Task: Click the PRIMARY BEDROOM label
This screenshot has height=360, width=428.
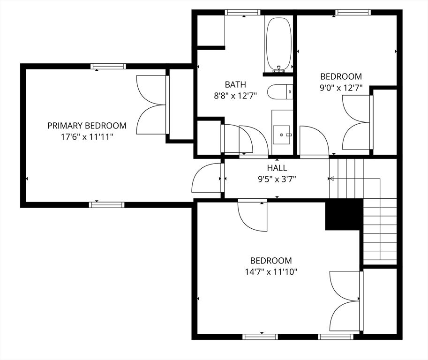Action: tap(87, 126)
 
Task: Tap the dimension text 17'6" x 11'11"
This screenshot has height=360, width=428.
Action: tap(87, 136)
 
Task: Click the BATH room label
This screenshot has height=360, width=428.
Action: tap(235, 85)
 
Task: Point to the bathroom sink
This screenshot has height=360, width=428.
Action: tap(282, 134)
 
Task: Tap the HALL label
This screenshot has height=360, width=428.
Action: tap(277, 168)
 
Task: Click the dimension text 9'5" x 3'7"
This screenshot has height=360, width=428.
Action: tap(277, 179)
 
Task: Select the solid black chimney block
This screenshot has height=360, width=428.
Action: tap(344, 214)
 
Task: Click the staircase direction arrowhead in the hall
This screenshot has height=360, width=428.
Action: tap(331, 178)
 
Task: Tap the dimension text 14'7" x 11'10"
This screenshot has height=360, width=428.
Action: tap(271, 271)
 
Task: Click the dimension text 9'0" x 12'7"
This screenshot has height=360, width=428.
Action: tap(341, 87)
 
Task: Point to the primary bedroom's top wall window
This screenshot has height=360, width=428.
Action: tap(108, 66)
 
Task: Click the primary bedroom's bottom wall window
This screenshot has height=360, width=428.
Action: tap(107, 204)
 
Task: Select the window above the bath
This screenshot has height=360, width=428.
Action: tap(243, 12)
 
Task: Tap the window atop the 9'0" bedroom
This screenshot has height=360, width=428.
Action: tap(353, 12)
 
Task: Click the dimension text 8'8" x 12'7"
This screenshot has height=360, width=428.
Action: tap(235, 96)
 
